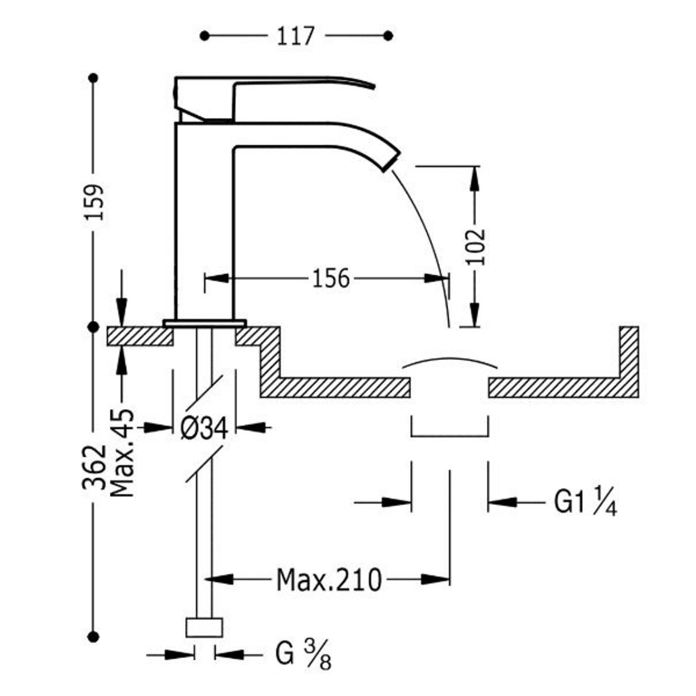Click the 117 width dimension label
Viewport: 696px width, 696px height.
click(296, 36)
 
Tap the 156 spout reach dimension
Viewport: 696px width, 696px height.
click(330, 278)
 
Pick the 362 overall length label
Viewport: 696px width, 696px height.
click(95, 467)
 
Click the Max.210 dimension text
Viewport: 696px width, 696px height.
click(329, 580)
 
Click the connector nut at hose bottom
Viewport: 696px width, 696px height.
click(204, 628)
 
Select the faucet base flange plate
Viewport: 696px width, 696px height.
click(204, 323)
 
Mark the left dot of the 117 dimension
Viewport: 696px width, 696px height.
click(205, 36)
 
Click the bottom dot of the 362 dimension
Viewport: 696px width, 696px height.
click(94, 637)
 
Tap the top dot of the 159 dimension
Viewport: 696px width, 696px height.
click(94, 78)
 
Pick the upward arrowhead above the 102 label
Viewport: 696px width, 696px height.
click(474, 179)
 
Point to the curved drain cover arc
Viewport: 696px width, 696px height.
click(450, 359)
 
